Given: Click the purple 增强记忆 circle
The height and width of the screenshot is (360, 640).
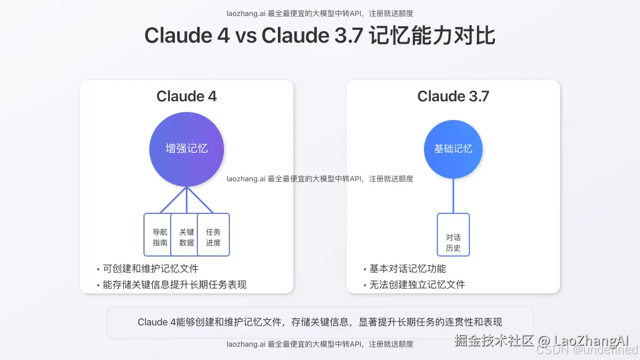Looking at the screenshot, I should tap(187, 149).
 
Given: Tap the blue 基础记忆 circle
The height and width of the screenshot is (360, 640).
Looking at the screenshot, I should tap(453, 149).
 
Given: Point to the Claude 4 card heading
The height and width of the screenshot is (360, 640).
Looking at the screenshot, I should tap(187, 97).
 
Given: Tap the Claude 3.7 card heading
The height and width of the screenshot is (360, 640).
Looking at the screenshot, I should tap(453, 97).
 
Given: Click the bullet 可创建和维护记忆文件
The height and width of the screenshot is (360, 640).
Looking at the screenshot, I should tap(150, 269).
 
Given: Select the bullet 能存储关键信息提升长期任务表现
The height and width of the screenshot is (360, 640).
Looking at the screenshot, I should tap(174, 285).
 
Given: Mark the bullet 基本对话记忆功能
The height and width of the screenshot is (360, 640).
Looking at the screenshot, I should tap(407, 269).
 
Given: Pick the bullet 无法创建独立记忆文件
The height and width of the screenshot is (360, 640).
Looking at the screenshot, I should tap(417, 285).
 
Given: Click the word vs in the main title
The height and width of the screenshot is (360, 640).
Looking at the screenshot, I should tap(246, 36).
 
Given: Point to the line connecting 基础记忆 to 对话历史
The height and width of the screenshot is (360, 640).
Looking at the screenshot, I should tap(453, 196).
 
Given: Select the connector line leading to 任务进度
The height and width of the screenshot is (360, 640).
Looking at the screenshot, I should tap(201, 201).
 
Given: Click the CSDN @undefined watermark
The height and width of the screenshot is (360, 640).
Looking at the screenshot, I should tap(587, 350).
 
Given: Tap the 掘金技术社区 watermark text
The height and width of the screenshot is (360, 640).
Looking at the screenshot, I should tap(494, 341).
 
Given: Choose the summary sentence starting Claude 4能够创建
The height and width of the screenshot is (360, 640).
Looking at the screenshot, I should tap(320, 322).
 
